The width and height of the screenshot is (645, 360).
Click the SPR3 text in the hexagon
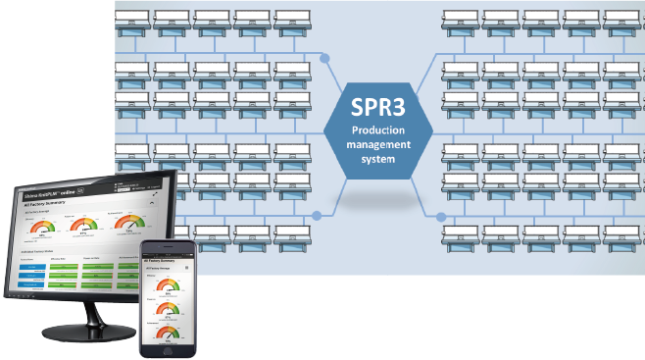coord(377,108)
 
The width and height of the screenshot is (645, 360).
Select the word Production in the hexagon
coord(377,130)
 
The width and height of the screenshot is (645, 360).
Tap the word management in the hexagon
coord(377,144)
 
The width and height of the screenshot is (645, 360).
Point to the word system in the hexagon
coord(377,158)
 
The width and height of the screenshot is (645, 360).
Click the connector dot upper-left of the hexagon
coord(324,58)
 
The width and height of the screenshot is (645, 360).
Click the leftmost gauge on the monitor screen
coord(42,229)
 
